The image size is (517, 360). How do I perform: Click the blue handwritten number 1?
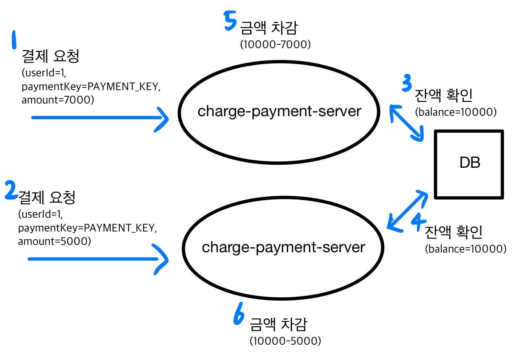pos(14,40)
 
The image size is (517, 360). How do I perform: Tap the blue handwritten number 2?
pos(11,190)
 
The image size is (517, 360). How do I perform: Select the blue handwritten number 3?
pos(407,83)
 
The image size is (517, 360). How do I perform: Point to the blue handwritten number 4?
pos(418,221)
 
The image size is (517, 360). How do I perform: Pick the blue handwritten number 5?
pos(230,21)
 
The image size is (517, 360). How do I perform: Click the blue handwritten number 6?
pos(239,314)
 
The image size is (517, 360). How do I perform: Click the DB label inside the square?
pos(470,163)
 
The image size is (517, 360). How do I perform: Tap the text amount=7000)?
pos(58,100)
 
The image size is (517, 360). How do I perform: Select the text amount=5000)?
pos(54,242)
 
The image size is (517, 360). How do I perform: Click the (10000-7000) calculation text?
pos(275,44)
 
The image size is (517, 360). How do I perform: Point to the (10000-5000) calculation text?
pos(285,341)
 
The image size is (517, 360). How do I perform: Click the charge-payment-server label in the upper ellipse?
pos(279,111)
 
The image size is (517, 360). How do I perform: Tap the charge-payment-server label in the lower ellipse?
pos(283,247)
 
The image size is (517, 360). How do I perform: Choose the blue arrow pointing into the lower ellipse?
pos(98,259)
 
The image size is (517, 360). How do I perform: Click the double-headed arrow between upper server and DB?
pos(407,123)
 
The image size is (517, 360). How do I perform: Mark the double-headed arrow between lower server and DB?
pos(407,211)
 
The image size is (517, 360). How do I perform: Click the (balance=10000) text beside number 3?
pos(456,112)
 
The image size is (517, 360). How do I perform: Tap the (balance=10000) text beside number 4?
pos(466,249)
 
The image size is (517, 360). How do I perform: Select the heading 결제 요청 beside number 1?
pos(50,56)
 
